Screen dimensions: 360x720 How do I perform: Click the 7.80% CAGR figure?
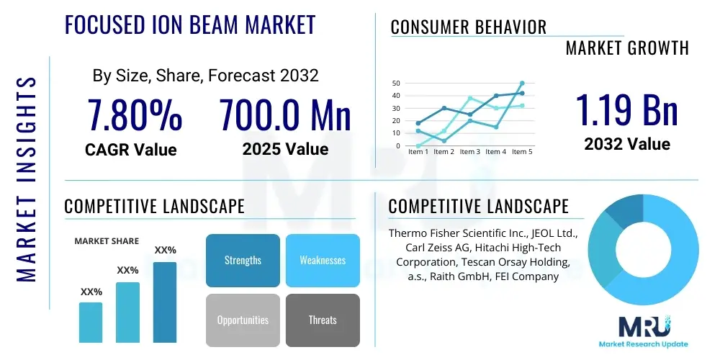pos(135,115)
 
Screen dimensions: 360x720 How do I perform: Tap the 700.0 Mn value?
pos(285,115)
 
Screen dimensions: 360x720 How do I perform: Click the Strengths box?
pos(243,260)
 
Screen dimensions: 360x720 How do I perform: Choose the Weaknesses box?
pos(323,260)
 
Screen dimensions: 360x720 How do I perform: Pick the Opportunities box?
pos(243,320)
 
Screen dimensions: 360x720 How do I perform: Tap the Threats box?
pos(323,320)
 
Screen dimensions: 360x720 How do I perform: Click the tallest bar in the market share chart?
pos(165,302)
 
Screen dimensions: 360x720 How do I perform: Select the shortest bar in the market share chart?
pos(91,322)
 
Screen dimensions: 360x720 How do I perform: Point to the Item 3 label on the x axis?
pos(470,152)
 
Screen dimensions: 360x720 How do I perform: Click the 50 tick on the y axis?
pos(396,84)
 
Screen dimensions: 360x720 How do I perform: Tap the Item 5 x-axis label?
pos(522,152)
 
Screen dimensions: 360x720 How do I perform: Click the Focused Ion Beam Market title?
pos(190,25)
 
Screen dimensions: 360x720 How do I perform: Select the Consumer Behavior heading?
pos(468,27)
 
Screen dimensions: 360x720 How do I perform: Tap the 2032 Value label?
pos(626,144)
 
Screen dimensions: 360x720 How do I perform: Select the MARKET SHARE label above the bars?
pos(107,241)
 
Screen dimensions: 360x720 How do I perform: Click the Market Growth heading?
pos(626,48)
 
